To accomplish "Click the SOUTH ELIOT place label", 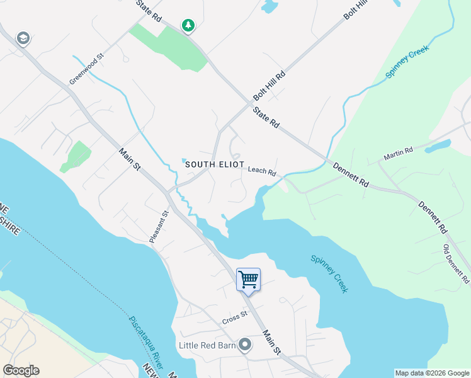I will [x=215, y=164].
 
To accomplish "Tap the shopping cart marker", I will [x=248, y=279].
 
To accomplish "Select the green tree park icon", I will [x=188, y=26].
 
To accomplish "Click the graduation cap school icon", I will [x=24, y=38].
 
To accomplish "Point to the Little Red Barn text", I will [x=207, y=345].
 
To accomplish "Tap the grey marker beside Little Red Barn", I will [x=244, y=345].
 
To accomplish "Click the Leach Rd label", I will [x=262, y=171].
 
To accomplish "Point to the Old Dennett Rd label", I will [x=457, y=263].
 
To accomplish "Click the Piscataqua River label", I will [x=146, y=342].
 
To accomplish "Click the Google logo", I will [x=21, y=370].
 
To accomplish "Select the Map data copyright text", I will [x=431, y=373].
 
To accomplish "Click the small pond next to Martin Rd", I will [x=438, y=146].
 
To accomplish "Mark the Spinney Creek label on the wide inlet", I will [x=329, y=273].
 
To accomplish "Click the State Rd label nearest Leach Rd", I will [x=266, y=118].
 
